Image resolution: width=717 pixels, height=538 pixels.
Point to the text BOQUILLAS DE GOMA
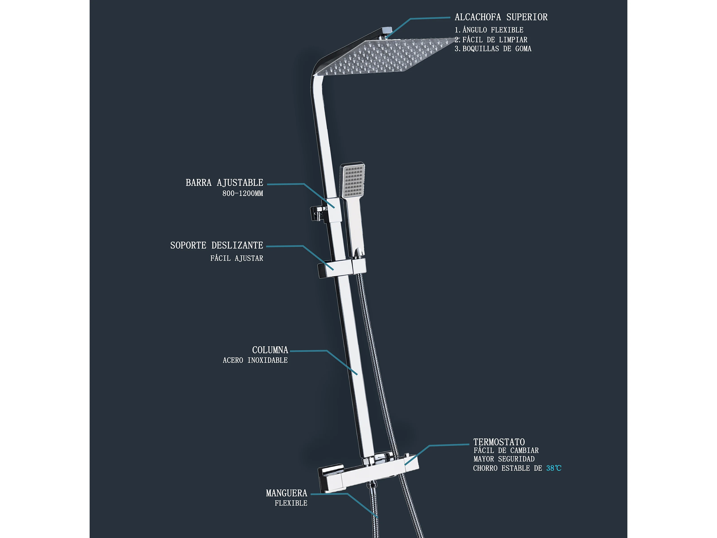(497, 49)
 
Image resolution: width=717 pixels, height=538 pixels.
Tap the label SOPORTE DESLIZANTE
(216, 245)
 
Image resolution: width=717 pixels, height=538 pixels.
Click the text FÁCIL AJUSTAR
(237, 258)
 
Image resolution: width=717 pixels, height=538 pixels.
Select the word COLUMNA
(270, 350)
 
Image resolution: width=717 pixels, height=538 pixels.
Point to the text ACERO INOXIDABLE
(255, 360)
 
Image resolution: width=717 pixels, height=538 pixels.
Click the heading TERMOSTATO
(499, 442)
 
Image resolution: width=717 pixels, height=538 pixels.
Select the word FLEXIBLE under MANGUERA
(291, 503)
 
